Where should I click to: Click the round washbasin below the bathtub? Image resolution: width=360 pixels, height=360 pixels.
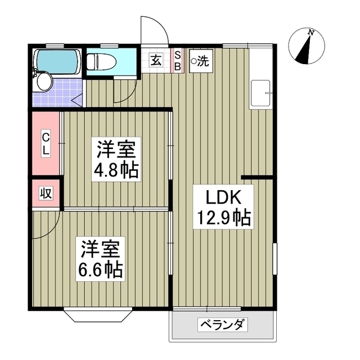point(43,82)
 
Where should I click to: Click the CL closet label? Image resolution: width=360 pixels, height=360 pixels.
point(46,143)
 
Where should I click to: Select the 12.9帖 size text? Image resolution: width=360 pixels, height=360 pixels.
point(223,217)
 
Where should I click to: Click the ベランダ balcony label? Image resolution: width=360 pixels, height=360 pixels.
point(222,325)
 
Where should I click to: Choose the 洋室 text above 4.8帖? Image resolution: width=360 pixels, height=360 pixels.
point(116,150)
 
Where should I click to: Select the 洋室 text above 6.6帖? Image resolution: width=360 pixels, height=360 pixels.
point(100,247)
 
